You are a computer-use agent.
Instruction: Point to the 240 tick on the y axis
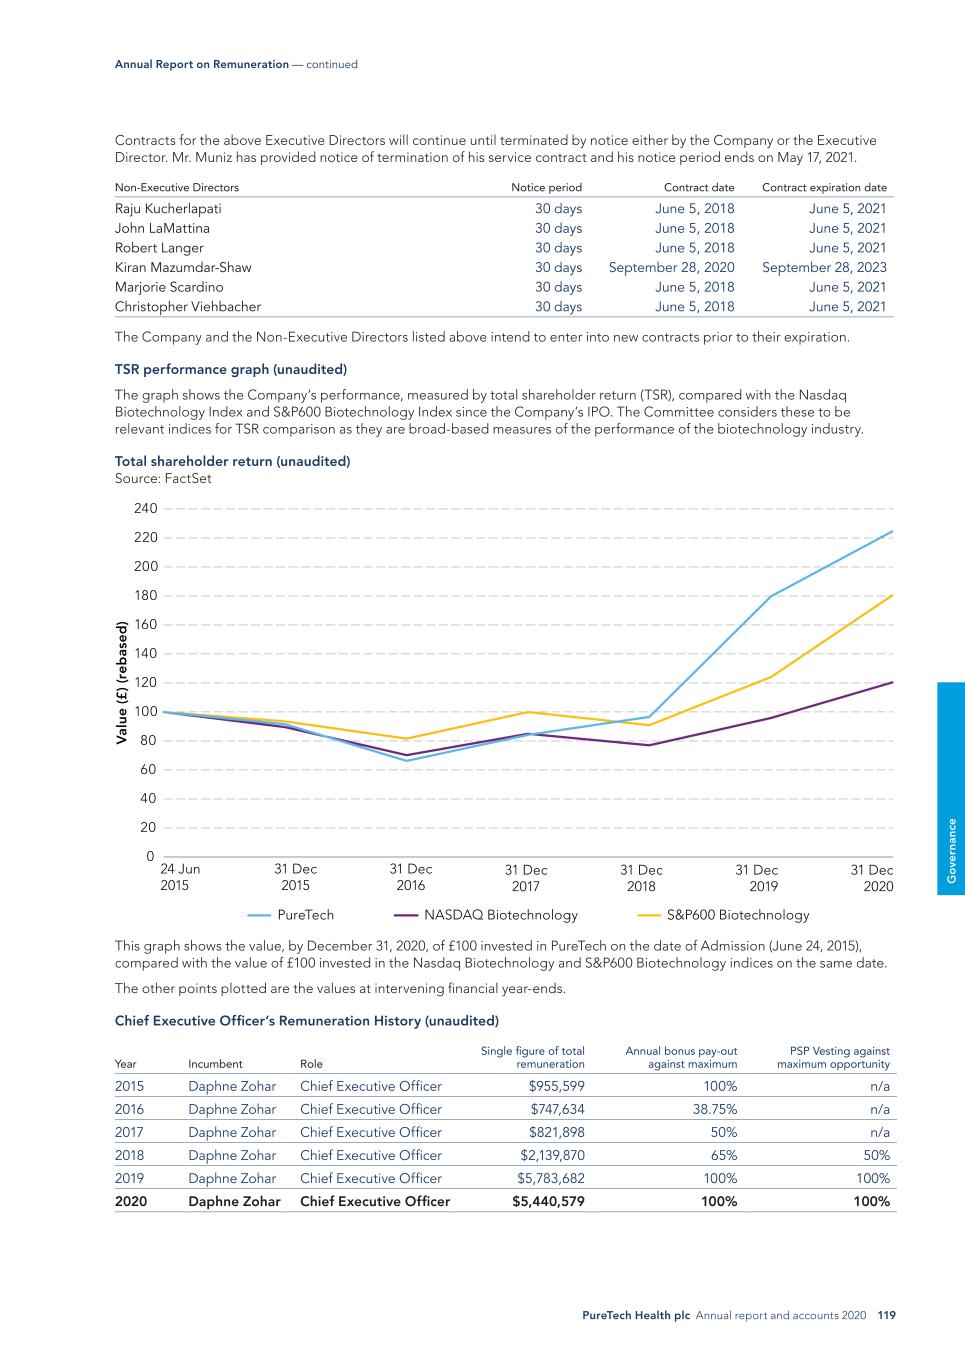point(146,509)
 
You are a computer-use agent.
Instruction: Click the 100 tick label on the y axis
point(146,712)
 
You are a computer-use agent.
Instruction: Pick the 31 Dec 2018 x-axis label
point(641,878)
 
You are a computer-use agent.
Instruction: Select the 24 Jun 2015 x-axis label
point(180,878)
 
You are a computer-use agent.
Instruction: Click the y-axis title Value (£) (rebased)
point(122,683)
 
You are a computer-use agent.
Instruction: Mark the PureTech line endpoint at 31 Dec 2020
point(892,531)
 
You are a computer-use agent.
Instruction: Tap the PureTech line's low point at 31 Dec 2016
point(407,761)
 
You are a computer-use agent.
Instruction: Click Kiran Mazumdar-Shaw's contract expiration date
point(824,267)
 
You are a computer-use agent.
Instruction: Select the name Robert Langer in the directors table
point(159,248)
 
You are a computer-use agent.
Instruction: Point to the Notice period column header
point(546,187)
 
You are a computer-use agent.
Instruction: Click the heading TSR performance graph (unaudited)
point(231,369)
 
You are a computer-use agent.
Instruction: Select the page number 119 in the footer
point(886,1316)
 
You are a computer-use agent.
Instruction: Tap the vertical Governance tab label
point(952,850)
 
